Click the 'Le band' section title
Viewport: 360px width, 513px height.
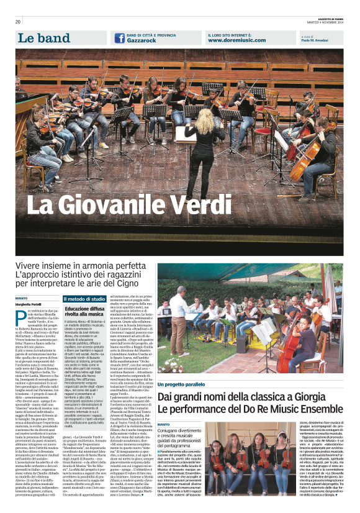[43, 39]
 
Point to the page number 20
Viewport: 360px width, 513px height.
[18, 22]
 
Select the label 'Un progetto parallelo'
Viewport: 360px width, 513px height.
[184, 368]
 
